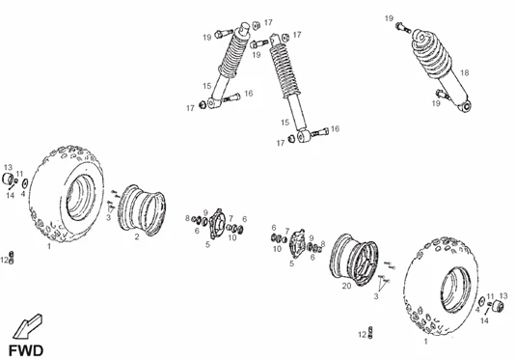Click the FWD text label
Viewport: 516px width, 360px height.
[26, 350]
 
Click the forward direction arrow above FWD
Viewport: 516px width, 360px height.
[28, 326]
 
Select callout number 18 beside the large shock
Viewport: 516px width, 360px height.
[464, 72]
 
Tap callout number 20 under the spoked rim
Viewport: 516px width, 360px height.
[347, 286]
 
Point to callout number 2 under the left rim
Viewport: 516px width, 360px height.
[137, 236]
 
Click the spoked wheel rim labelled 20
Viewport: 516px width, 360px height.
[354, 260]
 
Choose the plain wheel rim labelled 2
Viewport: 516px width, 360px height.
[142, 210]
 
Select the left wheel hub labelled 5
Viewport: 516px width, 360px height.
[217, 224]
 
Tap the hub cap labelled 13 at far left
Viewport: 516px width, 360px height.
[8, 179]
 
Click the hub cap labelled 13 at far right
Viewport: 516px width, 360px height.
[498, 307]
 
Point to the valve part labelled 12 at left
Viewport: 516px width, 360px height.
[12, 258]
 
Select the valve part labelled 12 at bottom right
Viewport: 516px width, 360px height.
[370, 333]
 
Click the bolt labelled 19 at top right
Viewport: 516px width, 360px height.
[403, 27]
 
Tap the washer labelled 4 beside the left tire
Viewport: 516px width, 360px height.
[25, 183]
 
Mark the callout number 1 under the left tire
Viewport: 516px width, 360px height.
[49, 246]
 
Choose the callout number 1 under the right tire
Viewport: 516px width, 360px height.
[425, 342]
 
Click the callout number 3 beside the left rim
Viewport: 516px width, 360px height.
[108, 218]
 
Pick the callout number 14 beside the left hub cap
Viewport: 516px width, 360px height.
[11, 195]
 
